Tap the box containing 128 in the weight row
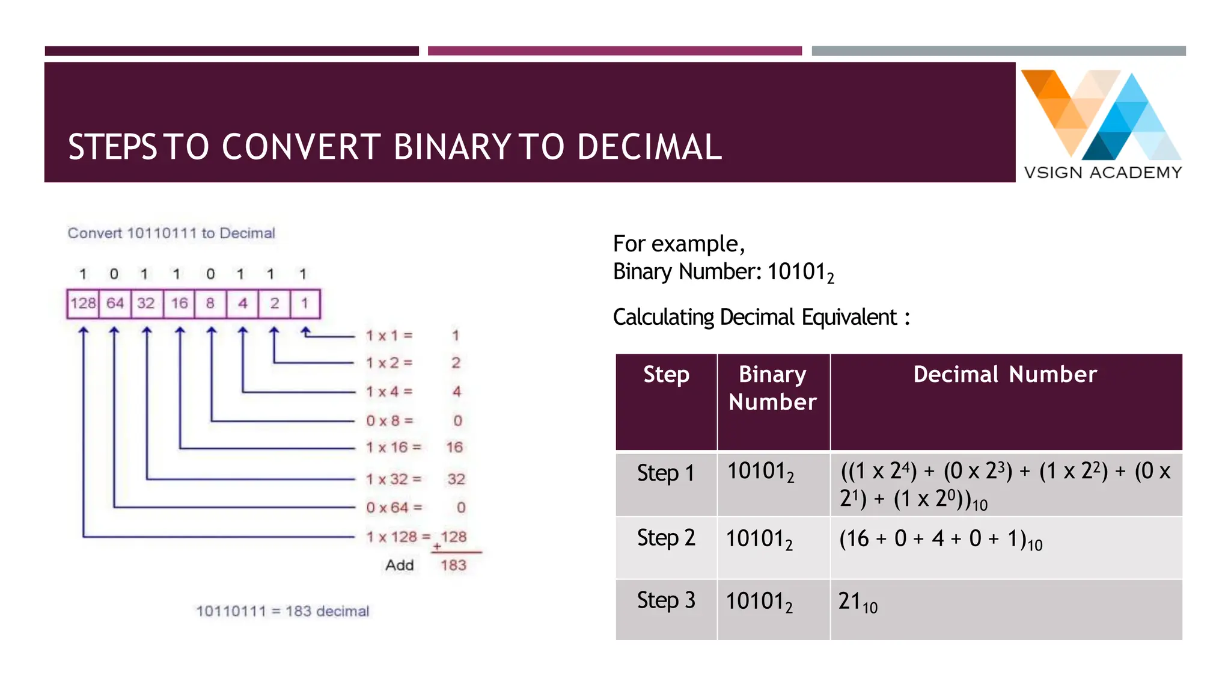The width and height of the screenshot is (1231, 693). click(x=83, y=303)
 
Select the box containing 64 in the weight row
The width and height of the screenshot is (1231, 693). click(x=115, y=303)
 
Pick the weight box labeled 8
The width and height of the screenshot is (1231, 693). click(x=210, y=303)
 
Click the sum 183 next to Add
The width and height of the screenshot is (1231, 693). click(x=453, y=565)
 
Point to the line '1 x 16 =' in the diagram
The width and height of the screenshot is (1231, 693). click(x=394, y=448)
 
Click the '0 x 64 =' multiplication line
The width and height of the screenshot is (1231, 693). click(x=394, y=508)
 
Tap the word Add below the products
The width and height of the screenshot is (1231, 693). click(x=400, y=565)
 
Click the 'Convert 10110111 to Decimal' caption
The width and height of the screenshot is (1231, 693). click(x=171, y=233)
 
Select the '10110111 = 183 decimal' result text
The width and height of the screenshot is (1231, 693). click(x=283, y=611)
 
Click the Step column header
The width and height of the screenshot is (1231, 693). click(x=666, y=375)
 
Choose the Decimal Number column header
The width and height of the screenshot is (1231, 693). click(x=1005, y=375)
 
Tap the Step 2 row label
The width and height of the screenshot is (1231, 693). click(x=666, y=538)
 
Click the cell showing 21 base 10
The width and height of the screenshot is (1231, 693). click(x=858, y=602)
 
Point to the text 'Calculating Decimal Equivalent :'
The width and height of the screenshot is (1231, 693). click(x=761, y=318)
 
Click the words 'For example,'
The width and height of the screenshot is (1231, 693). click(x=679, y=244)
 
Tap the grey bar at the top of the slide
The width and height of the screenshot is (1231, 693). click(x=998, y=51)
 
